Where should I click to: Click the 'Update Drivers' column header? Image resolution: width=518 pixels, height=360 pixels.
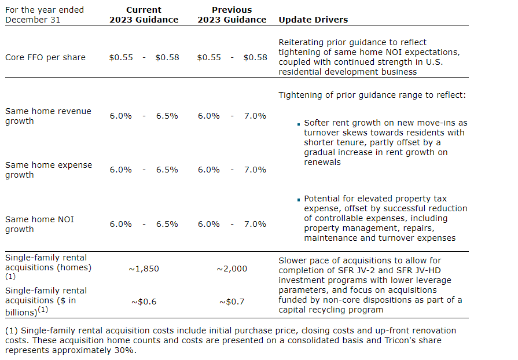point(313,20)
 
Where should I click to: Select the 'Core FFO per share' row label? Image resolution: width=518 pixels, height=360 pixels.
point(45,57)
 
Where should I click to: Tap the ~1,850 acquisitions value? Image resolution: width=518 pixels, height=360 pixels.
point(144,269)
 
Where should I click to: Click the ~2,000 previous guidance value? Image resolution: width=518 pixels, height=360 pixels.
point(232,269)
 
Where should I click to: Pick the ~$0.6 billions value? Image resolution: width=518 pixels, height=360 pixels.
point(144,302)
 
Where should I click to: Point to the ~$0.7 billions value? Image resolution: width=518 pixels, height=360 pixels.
point(232,302)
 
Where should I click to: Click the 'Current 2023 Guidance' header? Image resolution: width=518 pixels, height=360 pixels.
point(144,15)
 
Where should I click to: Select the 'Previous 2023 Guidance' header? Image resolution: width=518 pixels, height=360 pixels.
point(232,15)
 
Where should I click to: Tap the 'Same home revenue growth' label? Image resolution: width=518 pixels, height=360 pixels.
point(48,116)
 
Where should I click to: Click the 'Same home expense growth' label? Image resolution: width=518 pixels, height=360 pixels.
point(49,170)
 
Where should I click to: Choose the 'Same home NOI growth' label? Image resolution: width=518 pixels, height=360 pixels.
point(39,224)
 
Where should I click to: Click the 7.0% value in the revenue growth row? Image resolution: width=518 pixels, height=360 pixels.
point(255,116)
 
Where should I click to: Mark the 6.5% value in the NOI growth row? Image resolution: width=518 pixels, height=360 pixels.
point(167,224)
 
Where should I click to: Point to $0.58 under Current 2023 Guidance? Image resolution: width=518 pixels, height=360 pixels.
point(167,57)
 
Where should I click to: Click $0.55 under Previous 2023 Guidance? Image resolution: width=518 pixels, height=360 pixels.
point(209,57)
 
